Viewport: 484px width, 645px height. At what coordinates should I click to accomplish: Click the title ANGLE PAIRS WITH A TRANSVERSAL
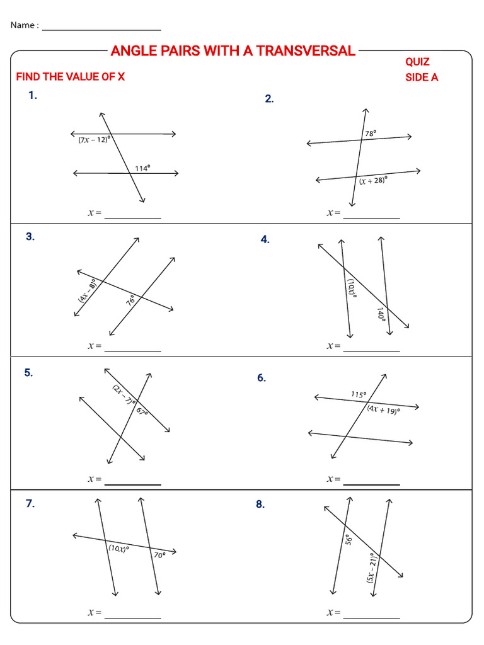tap(233, 51)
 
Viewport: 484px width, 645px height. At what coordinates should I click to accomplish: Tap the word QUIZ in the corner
tap(417, 62)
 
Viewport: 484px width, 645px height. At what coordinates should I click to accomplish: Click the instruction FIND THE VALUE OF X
tap(71, 77)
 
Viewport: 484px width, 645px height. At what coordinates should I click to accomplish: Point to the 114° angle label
tap(142, 168)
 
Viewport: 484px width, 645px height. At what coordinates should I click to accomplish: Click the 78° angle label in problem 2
tap(371, 134)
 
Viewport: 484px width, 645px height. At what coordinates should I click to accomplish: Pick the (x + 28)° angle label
tap(373, 181)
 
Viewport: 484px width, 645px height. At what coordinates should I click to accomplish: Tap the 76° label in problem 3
tap(131, 300)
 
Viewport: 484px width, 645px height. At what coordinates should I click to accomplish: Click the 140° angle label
tap(381, 314)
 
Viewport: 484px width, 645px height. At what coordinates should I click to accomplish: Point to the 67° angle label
tap(141, 411)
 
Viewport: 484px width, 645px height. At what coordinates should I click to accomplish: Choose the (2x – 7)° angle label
tap(122, 394)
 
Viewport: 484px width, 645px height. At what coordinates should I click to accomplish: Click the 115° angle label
tap(359, 395)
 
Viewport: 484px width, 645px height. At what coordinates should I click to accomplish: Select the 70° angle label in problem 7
tap(159, 555)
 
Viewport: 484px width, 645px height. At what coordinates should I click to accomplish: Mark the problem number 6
tap(262, 378)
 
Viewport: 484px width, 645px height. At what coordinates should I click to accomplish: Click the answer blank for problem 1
tap(132, 214)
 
